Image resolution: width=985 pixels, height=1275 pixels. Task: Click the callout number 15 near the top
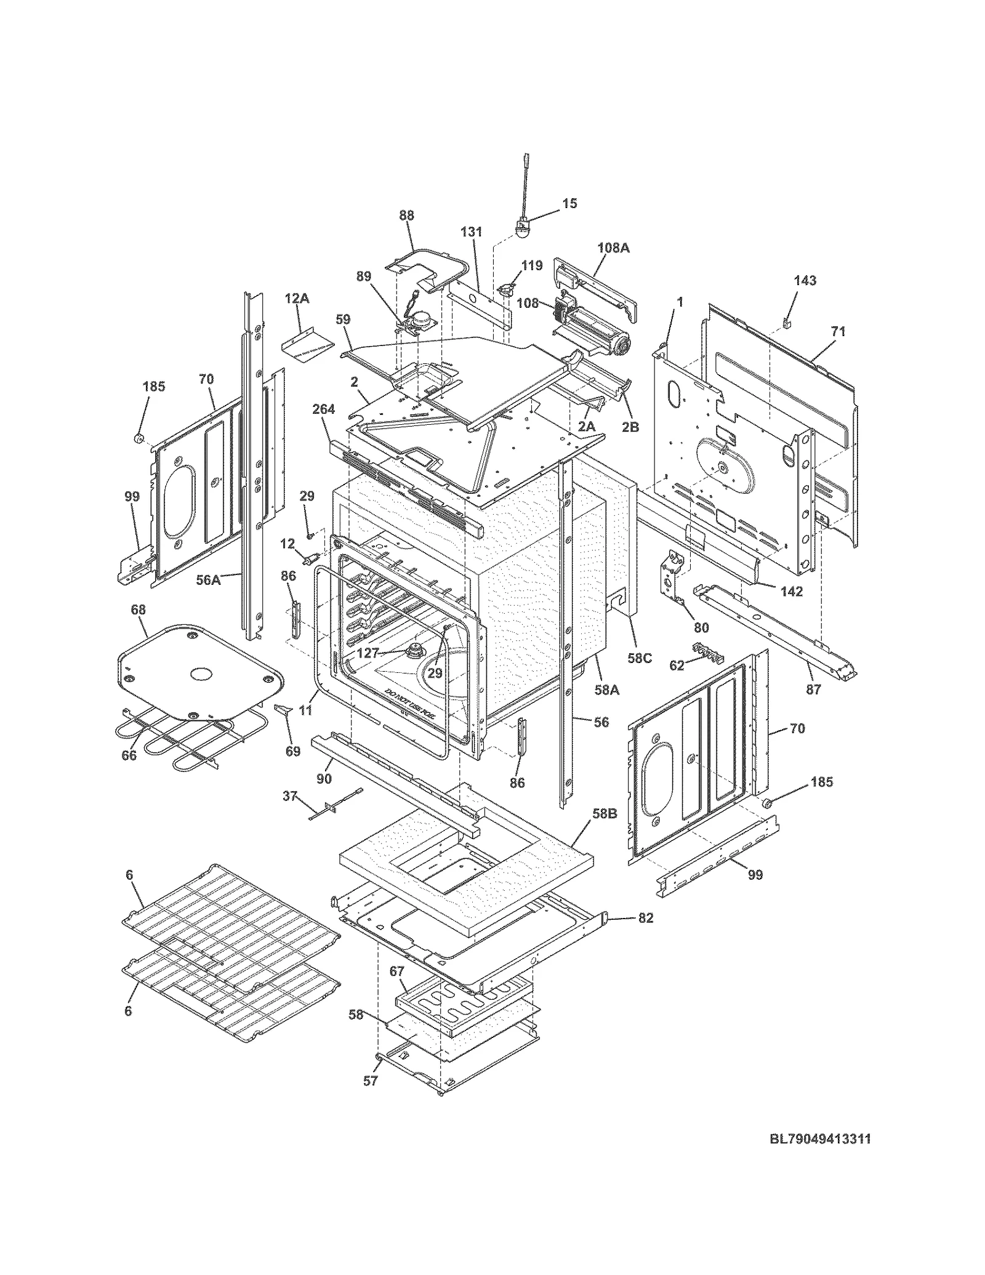point(569,203)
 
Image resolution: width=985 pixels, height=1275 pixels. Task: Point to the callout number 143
point(805,281)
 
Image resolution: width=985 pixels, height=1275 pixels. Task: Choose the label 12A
point(297,299)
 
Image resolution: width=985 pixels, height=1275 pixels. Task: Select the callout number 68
point(139,609)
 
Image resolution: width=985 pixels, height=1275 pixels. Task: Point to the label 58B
point(604,814)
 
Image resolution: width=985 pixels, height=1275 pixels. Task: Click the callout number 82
point(646,918)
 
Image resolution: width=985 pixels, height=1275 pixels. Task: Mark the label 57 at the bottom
point(370,1080)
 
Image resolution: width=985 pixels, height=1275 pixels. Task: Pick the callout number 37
point(290,797)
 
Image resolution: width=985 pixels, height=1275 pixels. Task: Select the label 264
point(323,409)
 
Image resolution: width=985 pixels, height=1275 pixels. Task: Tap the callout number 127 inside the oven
point(367,653)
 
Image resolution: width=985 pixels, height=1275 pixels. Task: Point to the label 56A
point(208,579)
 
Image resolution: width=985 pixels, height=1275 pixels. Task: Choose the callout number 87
point(814,690)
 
